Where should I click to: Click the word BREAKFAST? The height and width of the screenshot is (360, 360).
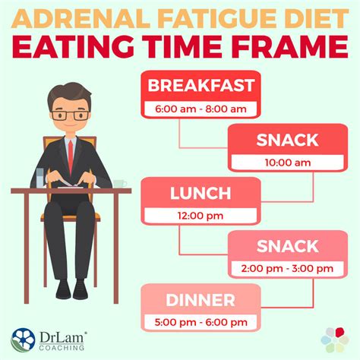coord(201,85)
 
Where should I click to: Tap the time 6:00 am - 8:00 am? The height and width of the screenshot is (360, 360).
coord(201,109)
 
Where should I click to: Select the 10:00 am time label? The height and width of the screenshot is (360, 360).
coord(288,163)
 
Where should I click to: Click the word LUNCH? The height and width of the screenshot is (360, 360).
coord(201,193)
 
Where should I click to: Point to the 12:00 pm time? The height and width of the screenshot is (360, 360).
coord(201,216)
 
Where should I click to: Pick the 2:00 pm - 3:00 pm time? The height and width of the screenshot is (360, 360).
coord(287,268)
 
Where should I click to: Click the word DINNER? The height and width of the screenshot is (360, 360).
coord(201,300)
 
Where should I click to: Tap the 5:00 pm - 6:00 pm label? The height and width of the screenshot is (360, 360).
coord(201,322)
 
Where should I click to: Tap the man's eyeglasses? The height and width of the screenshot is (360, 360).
coord(70,115)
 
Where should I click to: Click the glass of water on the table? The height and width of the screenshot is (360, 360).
coord(39,178)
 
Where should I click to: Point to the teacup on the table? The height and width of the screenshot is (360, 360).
coord(119,184)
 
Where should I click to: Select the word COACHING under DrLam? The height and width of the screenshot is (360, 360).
coord(62,348)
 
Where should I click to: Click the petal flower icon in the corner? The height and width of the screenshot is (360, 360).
coord(335,339)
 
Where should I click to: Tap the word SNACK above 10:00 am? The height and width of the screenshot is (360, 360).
coord(287,140)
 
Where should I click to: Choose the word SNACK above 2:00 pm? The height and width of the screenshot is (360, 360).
coord(287,246)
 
